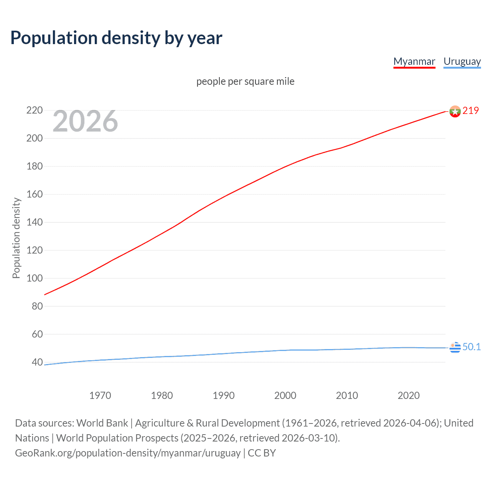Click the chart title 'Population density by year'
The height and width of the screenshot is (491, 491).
click(116, 38)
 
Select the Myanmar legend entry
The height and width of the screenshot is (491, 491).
click(414, 61)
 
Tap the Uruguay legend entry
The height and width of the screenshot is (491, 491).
click(462, 61)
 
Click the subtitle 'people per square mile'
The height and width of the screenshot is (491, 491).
click(245, 81)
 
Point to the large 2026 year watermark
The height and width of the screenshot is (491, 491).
click(85, 121)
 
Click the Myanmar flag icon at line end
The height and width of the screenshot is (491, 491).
click(455, 111)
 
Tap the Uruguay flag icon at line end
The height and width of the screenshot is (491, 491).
click(455, 347)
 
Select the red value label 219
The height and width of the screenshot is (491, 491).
click(471, 110)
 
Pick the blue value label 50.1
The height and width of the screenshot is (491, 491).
click(471, 347)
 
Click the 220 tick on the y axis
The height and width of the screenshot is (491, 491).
click(35, 110)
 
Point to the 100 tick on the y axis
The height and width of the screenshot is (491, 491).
click(35, 278)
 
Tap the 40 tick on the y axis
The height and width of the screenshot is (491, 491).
click(37, 362)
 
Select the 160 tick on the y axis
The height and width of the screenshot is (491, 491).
click(35, 194)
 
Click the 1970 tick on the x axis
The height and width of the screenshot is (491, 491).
click(100, 395)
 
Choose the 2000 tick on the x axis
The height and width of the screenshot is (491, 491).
click(285, 395)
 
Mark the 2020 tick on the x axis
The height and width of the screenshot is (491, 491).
click(409, 395)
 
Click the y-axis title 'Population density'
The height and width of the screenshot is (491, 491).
click(16, 238)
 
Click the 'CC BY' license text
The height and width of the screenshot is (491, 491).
click(262, 453)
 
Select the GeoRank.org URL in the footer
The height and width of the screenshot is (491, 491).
click(128, 453)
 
